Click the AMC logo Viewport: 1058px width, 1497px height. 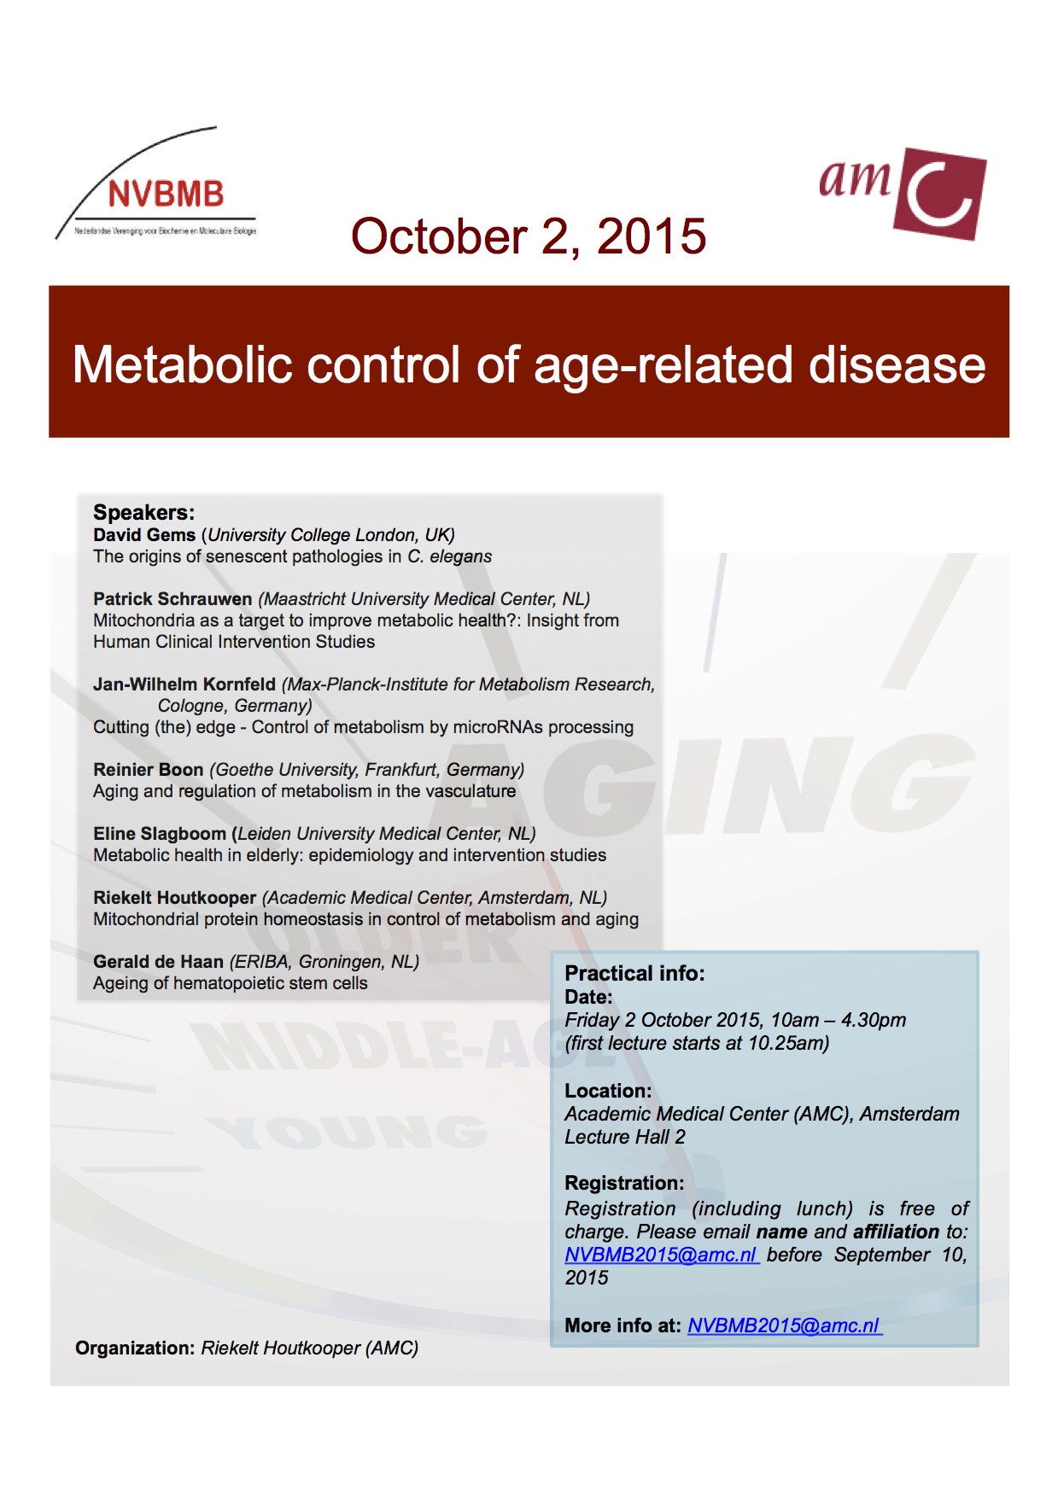pyautogui.click(x=903, y=191)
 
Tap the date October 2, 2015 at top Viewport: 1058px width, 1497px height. pyautogui.click(x=529, y=236)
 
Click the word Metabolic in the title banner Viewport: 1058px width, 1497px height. pyautogui.click(x=183, y=364)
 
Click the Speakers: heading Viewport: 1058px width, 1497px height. pyautogui.click(x=143, y=512)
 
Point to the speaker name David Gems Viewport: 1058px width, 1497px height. pyautogui.click(x=144, y=535)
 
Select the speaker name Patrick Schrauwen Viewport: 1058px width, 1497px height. pyautogui.click(x=172, y=599)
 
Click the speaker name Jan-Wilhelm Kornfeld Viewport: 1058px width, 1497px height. pyautogui.click(x=184, y=684)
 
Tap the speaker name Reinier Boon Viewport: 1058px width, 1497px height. pyautogui.click(x=149, y=770)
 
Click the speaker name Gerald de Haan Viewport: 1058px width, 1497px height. pyautogui.click(x=158, y=962)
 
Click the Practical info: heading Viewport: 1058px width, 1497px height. pyautogui.click(x=634, y=974)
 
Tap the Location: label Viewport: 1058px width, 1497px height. pyautogui.click(x=608, y=1091)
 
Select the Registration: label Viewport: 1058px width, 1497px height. pyautogui.click(x=624, y=1183)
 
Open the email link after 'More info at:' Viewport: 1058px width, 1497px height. pyautogui.click(x=784, y=1325)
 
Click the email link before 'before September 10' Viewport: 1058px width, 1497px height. pyautogui.click(x=661, y=1255)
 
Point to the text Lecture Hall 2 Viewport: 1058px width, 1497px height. pyautogui.click(x=625, y=1137)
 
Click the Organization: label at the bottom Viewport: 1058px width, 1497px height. pyautogui.click(x=135, y=1348)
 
